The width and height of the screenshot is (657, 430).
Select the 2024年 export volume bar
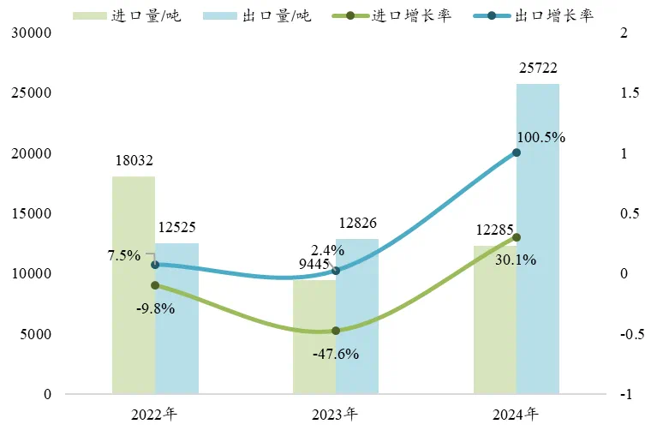coord(538,239)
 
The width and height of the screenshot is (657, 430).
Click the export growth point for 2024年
coord(517,152)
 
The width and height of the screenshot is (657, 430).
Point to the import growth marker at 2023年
coord(336,331)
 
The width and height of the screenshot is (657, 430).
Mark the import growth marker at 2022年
coord(155,285)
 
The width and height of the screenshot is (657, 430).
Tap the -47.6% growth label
coord(336,353)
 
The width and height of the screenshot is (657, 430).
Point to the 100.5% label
coord(541,137)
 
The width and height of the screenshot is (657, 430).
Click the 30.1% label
coord(516,259)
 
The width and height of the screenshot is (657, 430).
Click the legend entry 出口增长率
coord(541,15)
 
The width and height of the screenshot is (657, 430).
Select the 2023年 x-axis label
coord(335,415)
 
